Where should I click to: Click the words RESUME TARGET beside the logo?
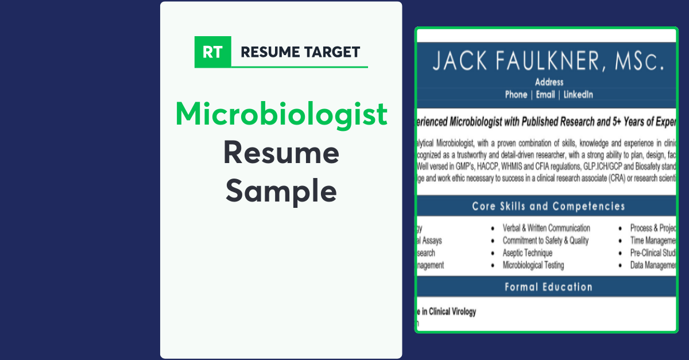[300, 52]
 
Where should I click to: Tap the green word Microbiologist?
[281, 114]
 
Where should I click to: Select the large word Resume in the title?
[281, 153]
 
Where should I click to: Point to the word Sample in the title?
[281, 192]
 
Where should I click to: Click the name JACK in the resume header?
[460, 61]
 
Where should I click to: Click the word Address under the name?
[549, 82]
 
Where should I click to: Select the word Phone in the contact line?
[516, 95]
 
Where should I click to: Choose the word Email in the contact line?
[545, 95]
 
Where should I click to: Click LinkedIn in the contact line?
[578, 95]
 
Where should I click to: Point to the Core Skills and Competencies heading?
[548, 206]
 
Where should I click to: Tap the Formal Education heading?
[548, 287]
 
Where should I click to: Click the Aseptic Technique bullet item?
[527, 253]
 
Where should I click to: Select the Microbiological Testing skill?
[533, 265]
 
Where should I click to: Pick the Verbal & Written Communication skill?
[546, 229]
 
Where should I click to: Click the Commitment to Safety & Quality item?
[545, 241]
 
